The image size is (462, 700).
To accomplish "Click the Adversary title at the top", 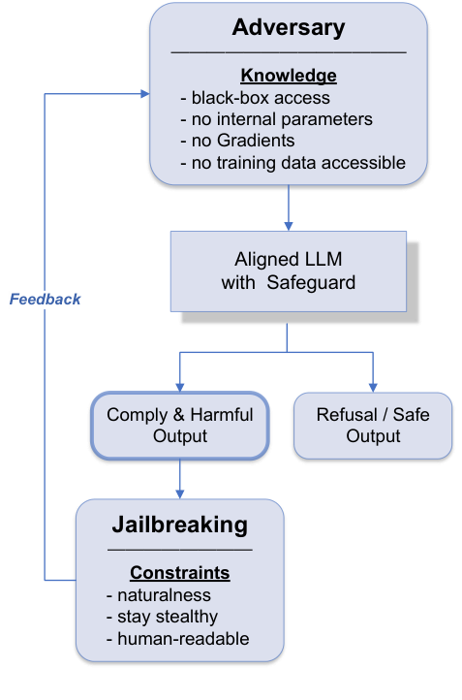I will click(288, 27).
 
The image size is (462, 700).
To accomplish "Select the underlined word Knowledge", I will click(288, 76).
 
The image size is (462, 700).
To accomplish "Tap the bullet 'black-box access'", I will click(256, 98).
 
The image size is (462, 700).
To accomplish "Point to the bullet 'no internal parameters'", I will click(276, 119).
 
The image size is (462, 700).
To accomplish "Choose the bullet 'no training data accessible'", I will click(293, 163).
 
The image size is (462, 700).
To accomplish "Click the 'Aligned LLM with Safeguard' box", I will click(287, 270).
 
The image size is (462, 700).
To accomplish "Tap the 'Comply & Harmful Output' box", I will click(179, 426).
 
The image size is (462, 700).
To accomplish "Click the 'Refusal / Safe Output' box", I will click(373, 426).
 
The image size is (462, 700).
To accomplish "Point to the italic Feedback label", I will click(46, 300).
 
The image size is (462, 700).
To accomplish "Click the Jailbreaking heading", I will click(179, 525).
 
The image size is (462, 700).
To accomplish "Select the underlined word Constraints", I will click(179, 572).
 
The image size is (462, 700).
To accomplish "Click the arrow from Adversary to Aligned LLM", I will click(288, 207).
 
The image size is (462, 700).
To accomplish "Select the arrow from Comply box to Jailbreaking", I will click(179, 479).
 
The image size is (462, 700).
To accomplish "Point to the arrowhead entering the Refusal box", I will click(373, 387).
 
